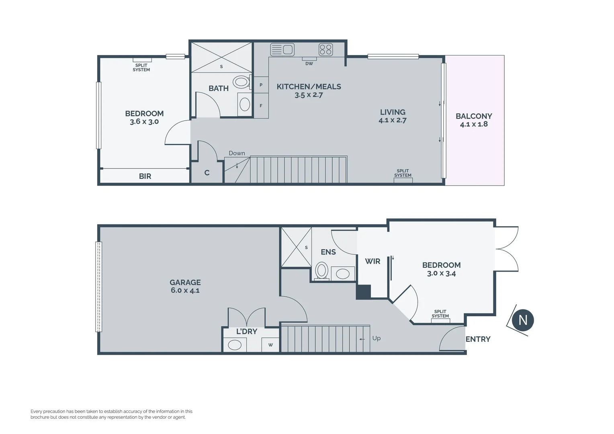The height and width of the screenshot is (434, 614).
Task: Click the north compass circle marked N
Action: pyautogui.click(x=522, y=320)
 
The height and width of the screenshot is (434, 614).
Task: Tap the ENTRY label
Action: pyautogui.click(x=478, y=339)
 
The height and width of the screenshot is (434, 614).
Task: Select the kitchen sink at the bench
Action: pyautogui.click(x=282, y=49)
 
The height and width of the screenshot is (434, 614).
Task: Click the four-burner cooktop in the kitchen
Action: pyautogui.click(x=326, y=49)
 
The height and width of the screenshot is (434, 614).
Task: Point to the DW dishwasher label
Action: pyautogui.click(x=309, y=63)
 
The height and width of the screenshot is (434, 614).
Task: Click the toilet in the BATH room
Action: pyautogui.click(x=241, y=82)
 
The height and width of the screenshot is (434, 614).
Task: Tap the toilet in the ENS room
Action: pyautogui.click(x=322, y=270)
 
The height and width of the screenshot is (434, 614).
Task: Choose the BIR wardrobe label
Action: pyautogui.click(x=145, y=176)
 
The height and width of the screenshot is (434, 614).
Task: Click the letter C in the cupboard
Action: pyautogui.click(x=207, y=173)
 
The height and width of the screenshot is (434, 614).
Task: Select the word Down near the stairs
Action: pyautogui.click(x=237, y=153)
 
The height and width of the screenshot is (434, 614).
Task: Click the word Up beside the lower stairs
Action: pyautogui.click(x=376, y=338)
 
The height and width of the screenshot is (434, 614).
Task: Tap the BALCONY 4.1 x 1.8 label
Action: pyautogui.click(x=474, y=120)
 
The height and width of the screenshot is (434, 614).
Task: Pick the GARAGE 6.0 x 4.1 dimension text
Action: pyautogui.click(x=185, y=291)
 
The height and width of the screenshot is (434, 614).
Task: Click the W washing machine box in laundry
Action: pyautogui.click(x=270, y=345)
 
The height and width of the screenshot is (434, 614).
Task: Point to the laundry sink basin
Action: pyautogui.click(x=235, y=345)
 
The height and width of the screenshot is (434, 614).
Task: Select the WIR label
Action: pyautogui.click(x=372, y=261)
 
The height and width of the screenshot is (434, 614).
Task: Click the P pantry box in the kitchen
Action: pyautogui.click(x=261, y=85)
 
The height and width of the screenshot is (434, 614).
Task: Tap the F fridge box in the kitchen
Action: pyautogui.click(x=261, y=106)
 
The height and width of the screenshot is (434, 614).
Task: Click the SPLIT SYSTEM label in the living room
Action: pyautogui.click(x=403, y=173)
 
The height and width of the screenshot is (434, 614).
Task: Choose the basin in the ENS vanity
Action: pyautogui.click(x=343, y=274)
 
